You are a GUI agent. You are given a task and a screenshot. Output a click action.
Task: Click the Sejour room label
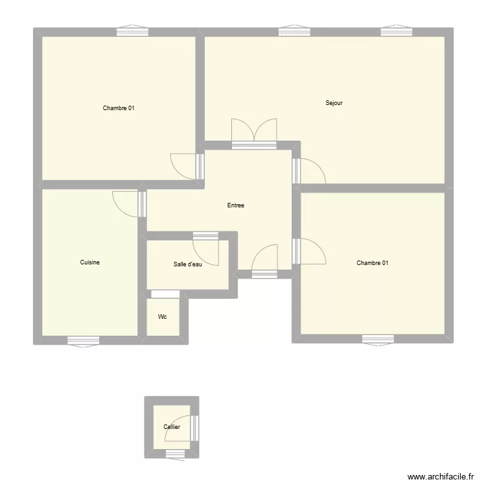[334, 103]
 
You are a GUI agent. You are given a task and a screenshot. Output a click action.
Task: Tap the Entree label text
[236, 205]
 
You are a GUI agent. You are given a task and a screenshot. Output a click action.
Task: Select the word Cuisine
[89, 262]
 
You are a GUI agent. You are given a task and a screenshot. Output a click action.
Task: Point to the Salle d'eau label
[187, 264]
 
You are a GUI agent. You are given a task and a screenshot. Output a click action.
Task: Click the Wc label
[162, 317]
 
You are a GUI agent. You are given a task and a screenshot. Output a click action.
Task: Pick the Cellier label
[172, 427]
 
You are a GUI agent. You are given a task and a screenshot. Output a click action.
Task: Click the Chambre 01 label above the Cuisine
[119, 108]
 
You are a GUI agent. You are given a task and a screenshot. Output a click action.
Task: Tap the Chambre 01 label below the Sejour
[373, 262]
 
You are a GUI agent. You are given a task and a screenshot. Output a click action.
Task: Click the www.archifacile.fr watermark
[441, 476]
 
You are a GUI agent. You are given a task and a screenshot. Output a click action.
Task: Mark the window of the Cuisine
[84, 340]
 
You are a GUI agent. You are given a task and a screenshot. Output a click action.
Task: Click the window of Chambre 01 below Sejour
[378, 338]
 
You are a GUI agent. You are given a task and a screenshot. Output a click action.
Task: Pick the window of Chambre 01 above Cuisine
[132, 31]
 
